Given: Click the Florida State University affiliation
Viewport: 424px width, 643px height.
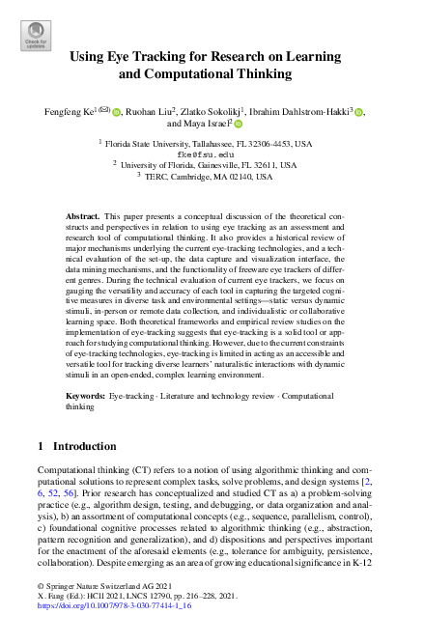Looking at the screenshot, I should coord(212,143).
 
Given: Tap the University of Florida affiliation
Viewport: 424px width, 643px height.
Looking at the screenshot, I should coord(212,165).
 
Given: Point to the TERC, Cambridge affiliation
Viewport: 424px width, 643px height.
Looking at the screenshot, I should coord(212,177).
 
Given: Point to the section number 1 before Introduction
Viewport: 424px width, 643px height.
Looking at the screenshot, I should coord(40,447).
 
